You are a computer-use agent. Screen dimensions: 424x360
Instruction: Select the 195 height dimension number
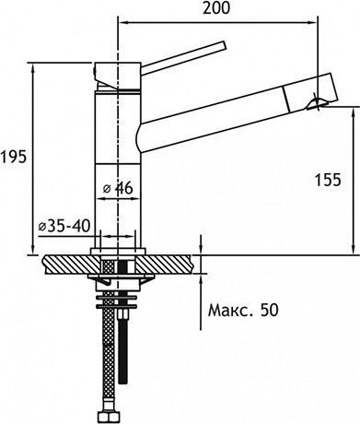pyautogui.click(x=12, y=158)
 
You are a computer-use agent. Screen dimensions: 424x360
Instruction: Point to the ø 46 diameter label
pyautogui.click(x=119, y=188)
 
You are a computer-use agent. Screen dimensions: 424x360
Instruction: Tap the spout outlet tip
pyautogui.click(x=319, y=102)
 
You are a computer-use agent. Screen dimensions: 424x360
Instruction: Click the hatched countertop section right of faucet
pyautogui.click(x=171, y=262)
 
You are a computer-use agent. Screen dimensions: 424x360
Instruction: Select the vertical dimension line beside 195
pyautogui.click(x=34, y=157)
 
